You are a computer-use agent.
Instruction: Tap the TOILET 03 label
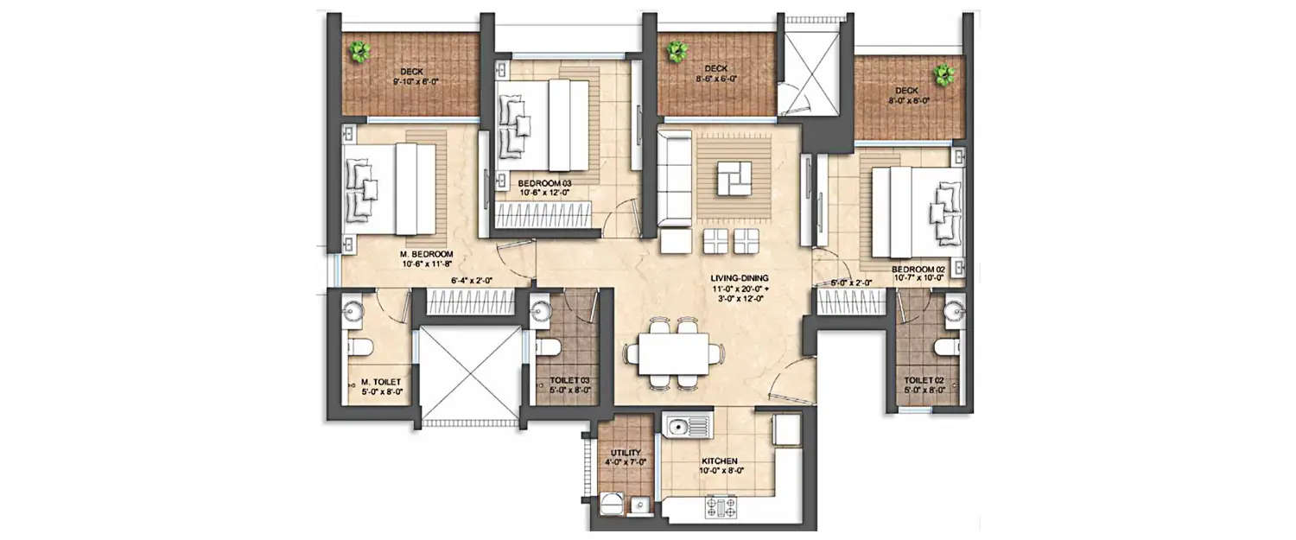point(569,379)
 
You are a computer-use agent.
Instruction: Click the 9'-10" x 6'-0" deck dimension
point(410,83)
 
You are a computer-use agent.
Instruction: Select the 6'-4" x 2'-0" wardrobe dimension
point(471,280)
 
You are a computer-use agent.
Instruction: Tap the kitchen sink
point(688,426)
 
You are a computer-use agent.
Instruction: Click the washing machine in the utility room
point(610,503)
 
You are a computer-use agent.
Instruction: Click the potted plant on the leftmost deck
point(359,53)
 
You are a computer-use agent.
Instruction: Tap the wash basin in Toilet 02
point(954,309)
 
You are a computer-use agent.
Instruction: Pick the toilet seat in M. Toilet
point(360,348)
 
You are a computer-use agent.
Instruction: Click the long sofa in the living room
point(674,183)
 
